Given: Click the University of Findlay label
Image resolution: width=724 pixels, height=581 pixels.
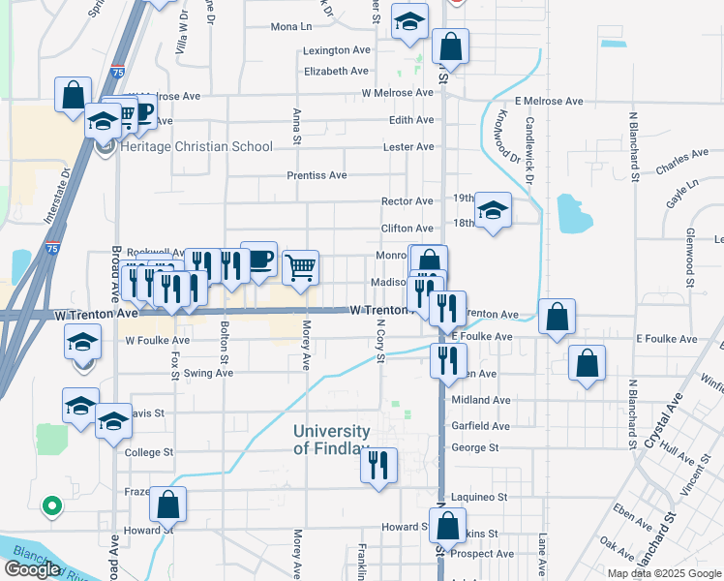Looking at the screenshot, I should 332,440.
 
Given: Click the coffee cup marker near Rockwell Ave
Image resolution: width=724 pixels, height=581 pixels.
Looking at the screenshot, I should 258,260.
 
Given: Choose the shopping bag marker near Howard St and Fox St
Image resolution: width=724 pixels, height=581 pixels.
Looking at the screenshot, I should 167,504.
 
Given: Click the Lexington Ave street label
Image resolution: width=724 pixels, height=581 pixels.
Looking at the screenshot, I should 337,50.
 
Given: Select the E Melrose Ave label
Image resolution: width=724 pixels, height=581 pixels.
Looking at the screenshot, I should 549,101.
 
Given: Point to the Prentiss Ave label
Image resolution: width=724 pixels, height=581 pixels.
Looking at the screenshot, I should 317,176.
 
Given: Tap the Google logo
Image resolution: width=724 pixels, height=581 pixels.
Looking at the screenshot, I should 32,569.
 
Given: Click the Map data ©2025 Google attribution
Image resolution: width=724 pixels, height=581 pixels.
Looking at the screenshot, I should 664,573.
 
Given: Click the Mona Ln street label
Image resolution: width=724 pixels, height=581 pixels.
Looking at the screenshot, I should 291,27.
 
